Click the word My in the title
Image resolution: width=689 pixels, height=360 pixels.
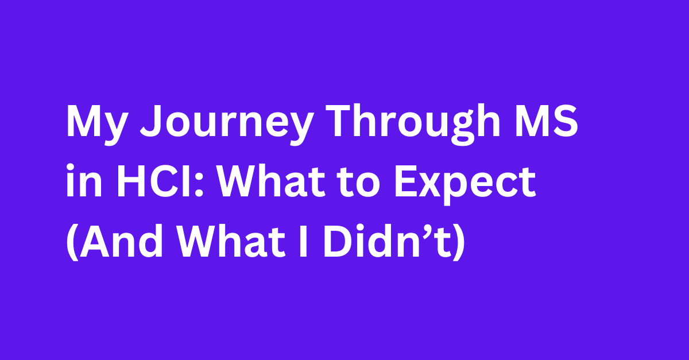96,125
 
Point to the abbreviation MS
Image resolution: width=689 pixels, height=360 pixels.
547,121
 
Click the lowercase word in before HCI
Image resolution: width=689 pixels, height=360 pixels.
84,180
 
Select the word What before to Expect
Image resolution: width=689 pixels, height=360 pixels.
271,181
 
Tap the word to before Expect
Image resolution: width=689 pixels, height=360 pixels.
358,183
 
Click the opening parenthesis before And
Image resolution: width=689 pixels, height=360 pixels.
72,242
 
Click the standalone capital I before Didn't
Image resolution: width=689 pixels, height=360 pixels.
303,242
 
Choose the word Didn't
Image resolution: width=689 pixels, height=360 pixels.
387,241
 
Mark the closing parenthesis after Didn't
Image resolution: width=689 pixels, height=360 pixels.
458,242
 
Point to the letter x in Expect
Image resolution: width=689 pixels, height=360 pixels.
432,186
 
